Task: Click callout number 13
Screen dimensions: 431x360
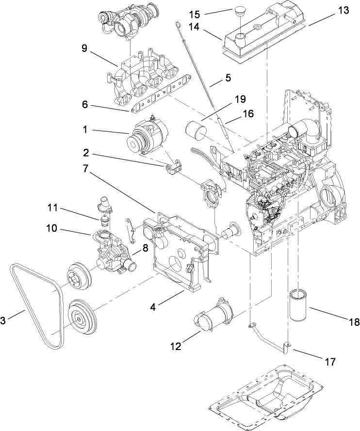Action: tap(343, 10)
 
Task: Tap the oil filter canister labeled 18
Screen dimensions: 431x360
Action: tap(303, 305)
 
